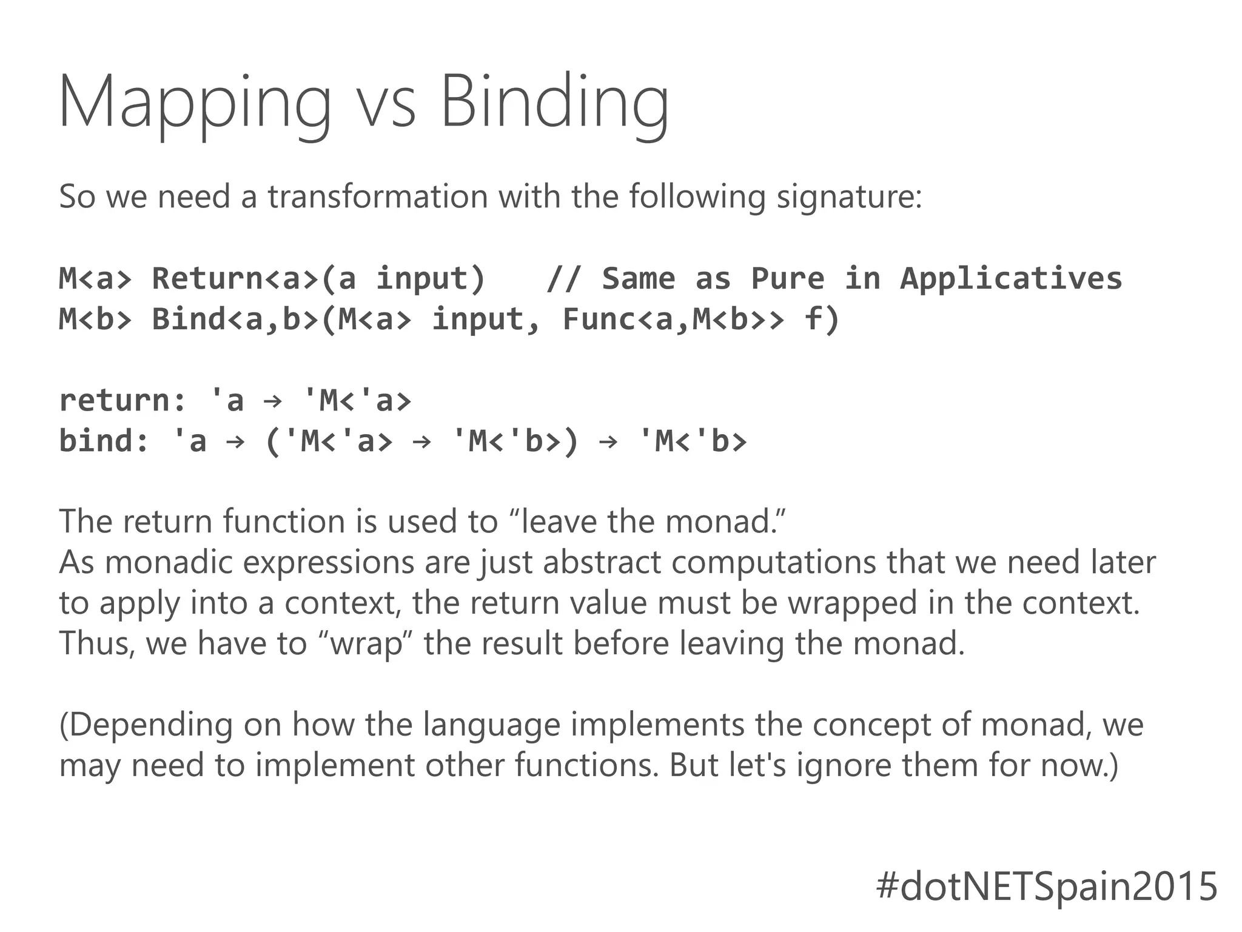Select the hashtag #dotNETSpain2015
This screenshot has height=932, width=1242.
(1047, 886)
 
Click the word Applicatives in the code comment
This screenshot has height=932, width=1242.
(1011, 279)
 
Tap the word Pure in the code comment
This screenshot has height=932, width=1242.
(788, 279)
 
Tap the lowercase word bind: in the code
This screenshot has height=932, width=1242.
(104, 441)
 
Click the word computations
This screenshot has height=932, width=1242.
(773, 563)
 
